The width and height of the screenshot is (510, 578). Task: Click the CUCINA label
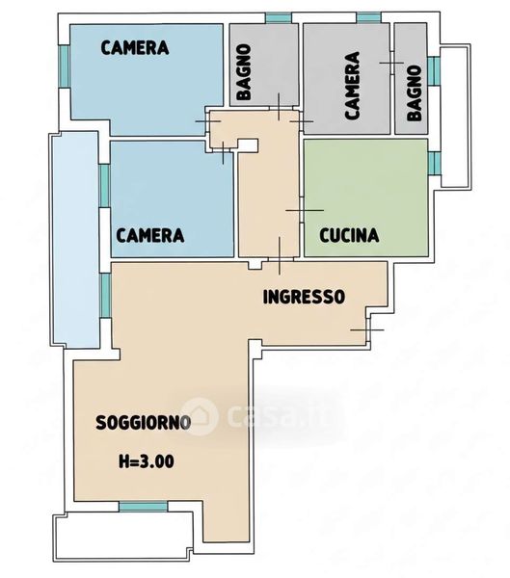(x=349, y=235)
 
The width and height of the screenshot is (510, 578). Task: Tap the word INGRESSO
(x=304, y=297)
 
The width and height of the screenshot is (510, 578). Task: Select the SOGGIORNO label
(x=144, y=423)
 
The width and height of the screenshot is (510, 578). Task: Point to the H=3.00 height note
(x=147, y=461)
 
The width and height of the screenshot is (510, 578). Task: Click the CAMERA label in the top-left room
(x=135, y=48)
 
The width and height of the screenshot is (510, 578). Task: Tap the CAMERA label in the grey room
(x=353, y=86)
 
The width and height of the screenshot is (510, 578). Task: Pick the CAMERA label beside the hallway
(x=150, y=235)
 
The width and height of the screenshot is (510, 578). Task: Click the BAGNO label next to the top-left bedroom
(x=244, y=72)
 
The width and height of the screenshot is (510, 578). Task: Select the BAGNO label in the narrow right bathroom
(x=415, y=93)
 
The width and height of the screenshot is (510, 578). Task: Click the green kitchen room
(x=365, y=197)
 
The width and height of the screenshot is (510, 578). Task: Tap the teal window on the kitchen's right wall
(x=435, y=163)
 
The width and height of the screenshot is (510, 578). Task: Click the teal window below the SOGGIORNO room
(x=143, y=506)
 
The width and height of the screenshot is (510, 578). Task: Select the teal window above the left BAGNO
(x=279, y=17)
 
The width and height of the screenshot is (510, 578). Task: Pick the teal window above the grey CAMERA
(x=368, y=17)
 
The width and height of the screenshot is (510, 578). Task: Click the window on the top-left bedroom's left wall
(x=65, y=66)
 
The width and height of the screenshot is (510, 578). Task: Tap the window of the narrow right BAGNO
(x=435, y=70)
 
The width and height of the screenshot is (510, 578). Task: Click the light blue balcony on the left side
(x=75, y=240)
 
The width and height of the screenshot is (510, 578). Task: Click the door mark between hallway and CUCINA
(x=305, y=210)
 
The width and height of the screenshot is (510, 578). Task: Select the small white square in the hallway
(x=249, y=145)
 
